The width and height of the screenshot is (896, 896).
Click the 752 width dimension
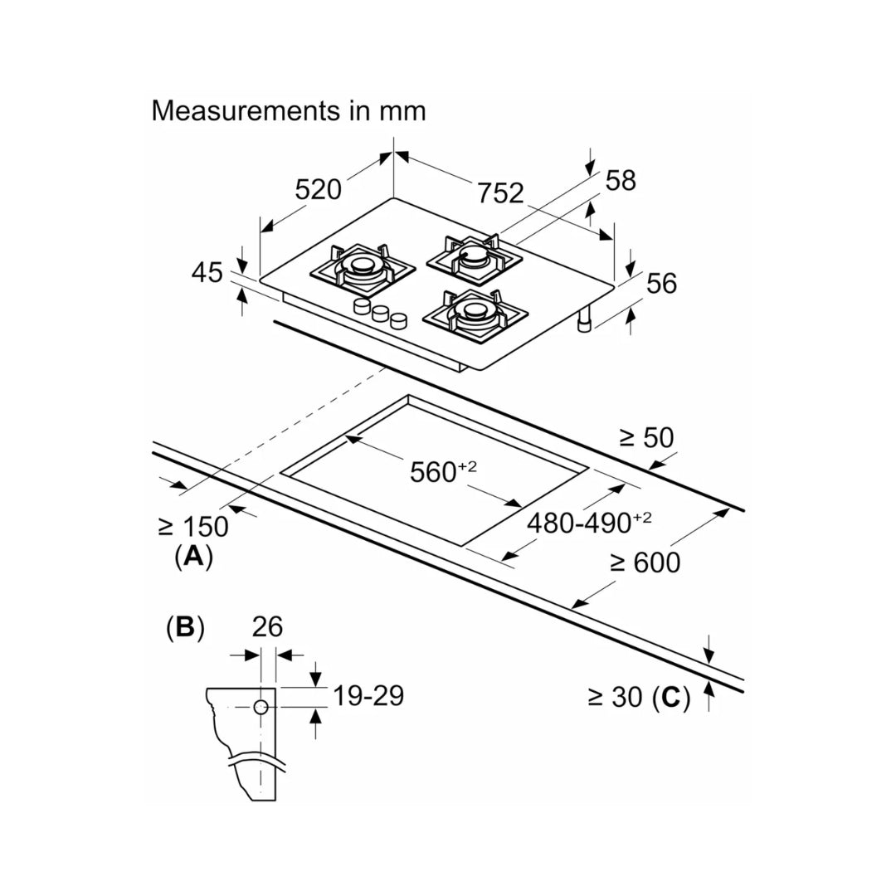[x=500, y=192]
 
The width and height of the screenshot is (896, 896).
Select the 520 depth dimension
[x=319, y=190]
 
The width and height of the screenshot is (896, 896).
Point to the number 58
[x=620, y=180]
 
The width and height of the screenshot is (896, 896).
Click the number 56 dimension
[x=661, y=283]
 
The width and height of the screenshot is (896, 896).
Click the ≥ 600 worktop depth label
[x=645, y=562]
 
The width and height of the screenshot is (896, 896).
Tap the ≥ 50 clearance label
[x=646, y=437]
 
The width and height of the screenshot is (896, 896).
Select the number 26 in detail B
[x=268, y=626]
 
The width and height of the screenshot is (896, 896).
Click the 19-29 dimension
[x=368, y=696]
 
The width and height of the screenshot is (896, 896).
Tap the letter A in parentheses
[x=193, y=557]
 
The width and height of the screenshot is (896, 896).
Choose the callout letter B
[x=184, y=627]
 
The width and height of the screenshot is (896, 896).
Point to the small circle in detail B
[x=261, y=707]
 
